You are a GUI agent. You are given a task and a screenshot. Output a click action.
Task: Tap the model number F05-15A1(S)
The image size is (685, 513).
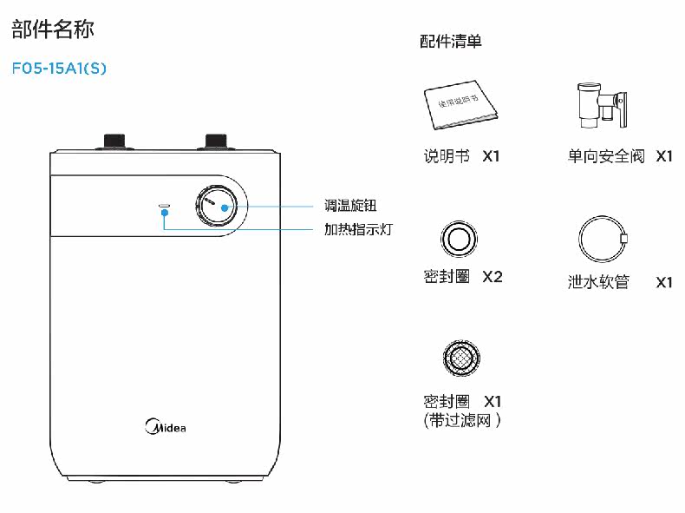[x=59, y=68]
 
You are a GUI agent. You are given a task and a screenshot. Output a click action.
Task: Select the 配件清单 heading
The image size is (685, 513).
[x=450, y=41]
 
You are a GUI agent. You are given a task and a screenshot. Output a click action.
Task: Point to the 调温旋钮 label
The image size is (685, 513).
[x=351, y=207]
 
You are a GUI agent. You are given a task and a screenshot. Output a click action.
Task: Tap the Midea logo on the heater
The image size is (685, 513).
[x=165, y=426]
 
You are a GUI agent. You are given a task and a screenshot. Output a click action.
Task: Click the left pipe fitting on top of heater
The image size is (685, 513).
[x=114, y=141]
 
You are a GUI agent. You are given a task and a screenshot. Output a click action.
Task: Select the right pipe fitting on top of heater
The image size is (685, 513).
[x=216, y=141]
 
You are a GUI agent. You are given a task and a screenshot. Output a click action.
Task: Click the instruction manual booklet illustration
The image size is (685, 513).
[x=460, y=105]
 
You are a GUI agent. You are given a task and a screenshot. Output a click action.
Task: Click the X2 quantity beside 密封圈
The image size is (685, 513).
[x=492, y=277]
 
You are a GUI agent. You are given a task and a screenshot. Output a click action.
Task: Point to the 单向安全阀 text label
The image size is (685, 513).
[x=606, y=157]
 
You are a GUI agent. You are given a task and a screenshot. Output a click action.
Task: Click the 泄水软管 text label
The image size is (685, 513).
[x=598, y=282]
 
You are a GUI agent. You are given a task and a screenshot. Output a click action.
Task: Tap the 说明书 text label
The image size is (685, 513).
[x=447, y=157]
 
